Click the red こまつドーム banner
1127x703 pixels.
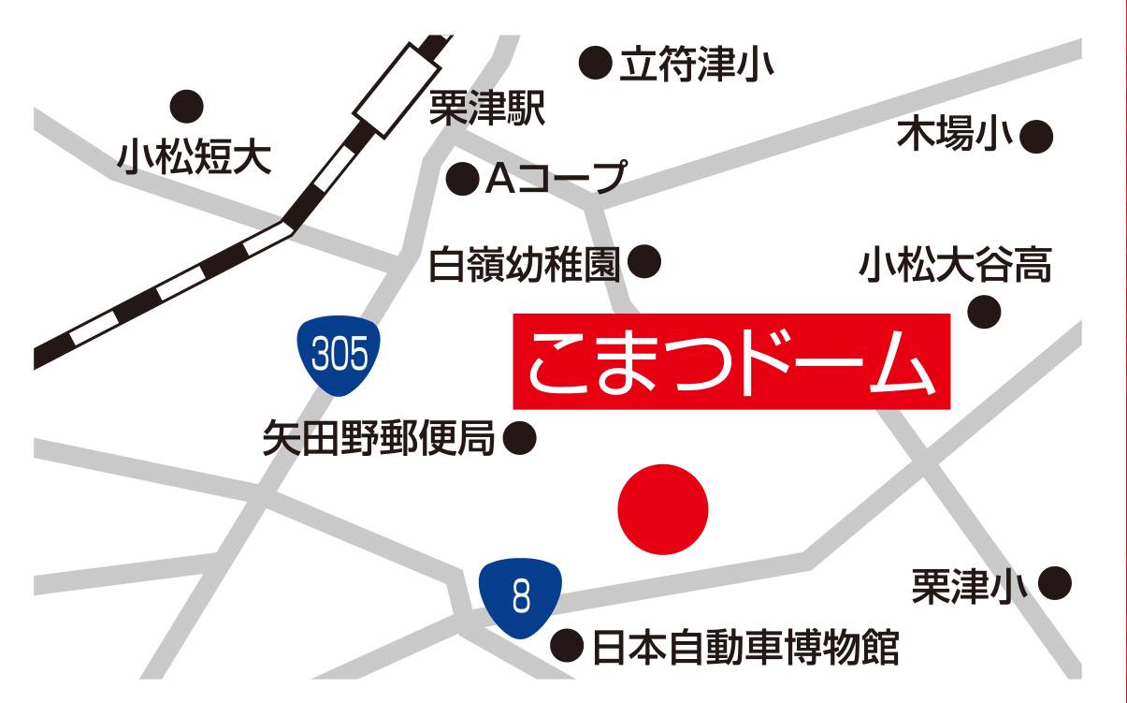click(x=731, y=362)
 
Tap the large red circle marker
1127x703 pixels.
click(x=663, y=509)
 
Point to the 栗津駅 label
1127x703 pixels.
click(x=486, y=110)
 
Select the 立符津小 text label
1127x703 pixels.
click(x=693, y=65)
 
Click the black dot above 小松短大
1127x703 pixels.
click(x=187, y=105)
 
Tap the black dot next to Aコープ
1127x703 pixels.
click(x=462, y=179)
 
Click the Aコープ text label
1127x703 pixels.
click(x=555, y=178)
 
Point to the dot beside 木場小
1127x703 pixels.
click(x=1036, y=138)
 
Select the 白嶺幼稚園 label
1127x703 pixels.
click(x=525, y=265)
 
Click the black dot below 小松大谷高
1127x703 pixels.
click(x=984, y=312)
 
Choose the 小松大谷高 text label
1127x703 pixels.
click(x=956, y=265)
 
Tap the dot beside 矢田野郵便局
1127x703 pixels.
click(x=520, y=437)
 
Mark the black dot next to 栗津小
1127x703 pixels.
click(x=1054, y=584)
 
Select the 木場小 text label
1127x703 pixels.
click(x=956, y=137)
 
